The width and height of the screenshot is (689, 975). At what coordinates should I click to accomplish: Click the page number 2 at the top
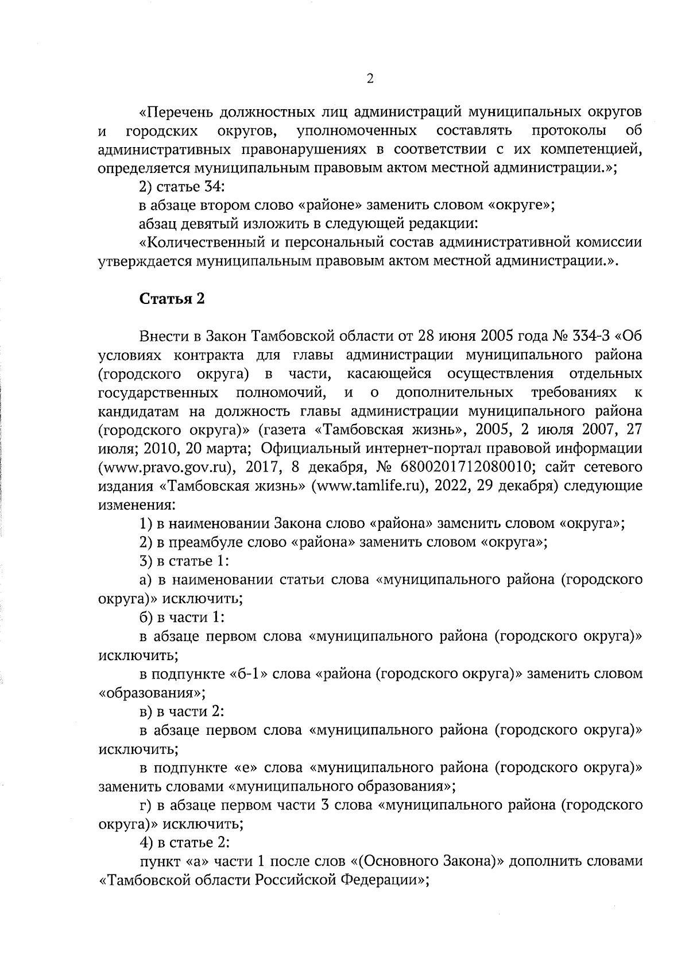point(370,79)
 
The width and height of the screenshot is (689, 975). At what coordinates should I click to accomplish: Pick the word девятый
point(202,223)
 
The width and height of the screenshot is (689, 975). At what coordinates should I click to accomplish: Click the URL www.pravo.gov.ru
point(166,468)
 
